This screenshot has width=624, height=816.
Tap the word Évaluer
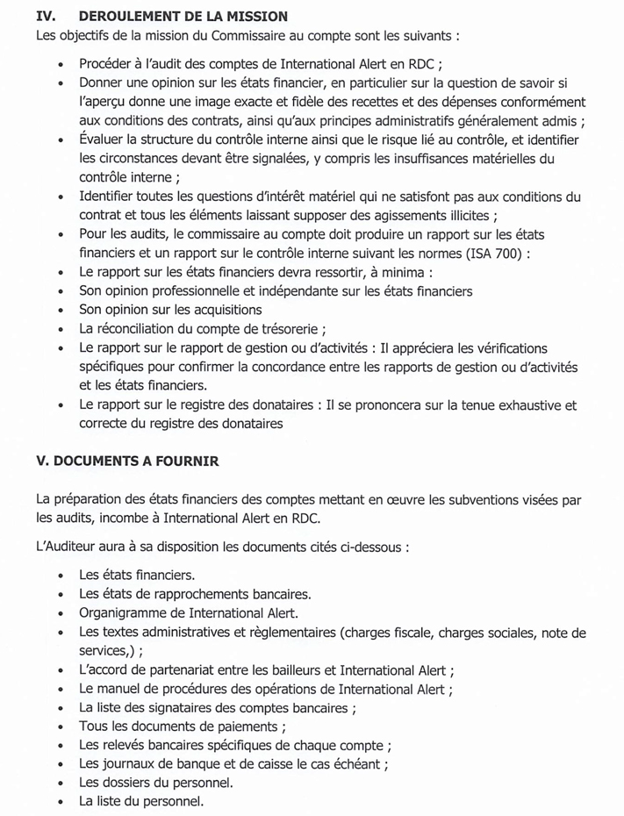103,140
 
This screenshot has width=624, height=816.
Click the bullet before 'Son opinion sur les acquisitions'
60,311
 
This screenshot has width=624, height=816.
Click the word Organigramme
123,613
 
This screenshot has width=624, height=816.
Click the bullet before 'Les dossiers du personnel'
60,783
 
